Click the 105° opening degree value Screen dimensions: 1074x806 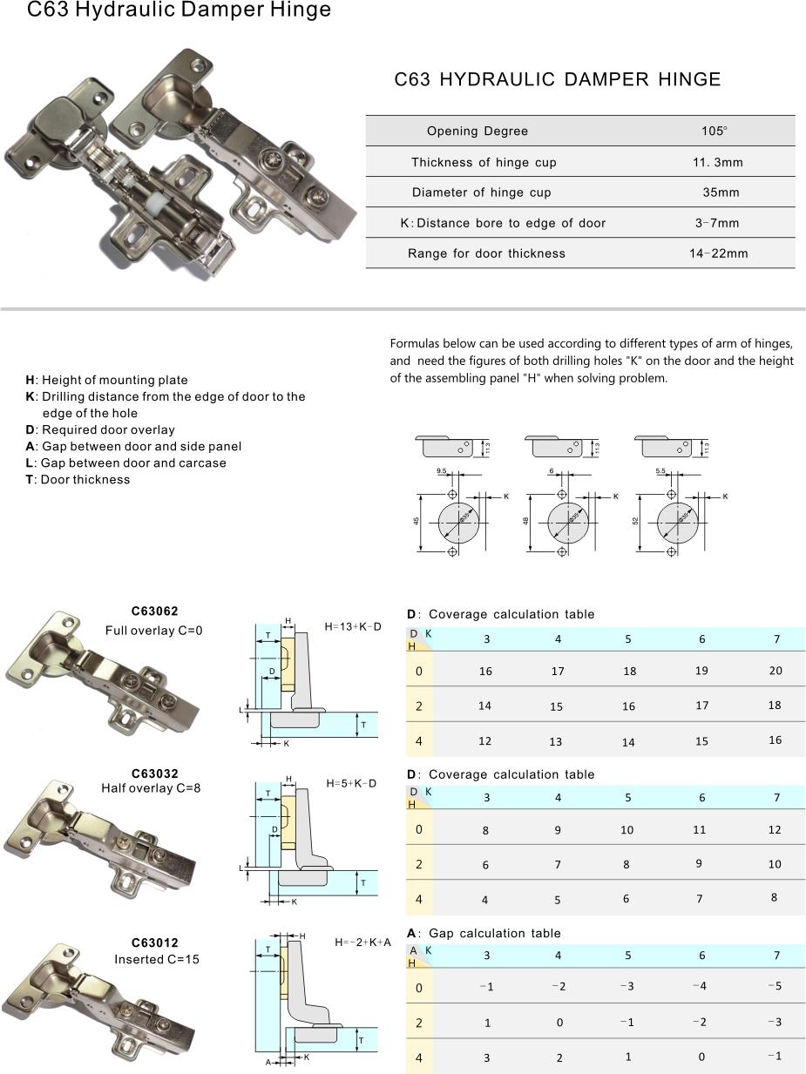coord(714,131)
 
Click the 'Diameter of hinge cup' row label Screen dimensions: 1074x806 coord(482,193)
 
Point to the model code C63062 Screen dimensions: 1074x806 coord(154,611)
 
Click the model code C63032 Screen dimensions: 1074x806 coord(154,773)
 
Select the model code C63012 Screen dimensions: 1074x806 coord(154,942)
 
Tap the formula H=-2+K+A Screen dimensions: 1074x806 coord(363,942)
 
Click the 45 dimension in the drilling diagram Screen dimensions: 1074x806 coord(417,521)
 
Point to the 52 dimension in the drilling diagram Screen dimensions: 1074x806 coord(636,521)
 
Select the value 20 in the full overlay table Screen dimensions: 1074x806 coord(775,671)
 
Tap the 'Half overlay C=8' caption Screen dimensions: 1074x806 coord(151,788)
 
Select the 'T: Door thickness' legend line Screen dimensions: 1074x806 coord(78,480)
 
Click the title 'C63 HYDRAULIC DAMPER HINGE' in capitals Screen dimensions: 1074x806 coord(558,80)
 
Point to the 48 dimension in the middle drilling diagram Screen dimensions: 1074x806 coord(527,521)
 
